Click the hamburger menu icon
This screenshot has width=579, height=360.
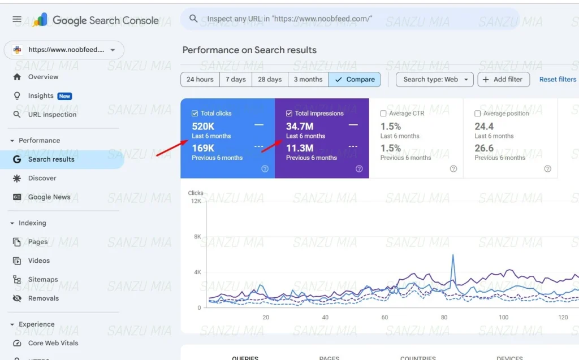[17, 19]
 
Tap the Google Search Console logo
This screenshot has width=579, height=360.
[40, 20]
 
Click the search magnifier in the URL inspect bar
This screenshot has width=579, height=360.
[193, 19]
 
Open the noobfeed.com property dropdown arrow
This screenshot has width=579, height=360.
[113, 50]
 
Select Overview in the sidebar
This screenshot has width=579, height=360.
[43, 77]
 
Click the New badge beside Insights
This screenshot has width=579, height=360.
[64, 96]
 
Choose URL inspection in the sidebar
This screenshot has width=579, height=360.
[52, 115]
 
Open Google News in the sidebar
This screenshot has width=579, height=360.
[49, 197]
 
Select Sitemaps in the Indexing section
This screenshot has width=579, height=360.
[43, 280]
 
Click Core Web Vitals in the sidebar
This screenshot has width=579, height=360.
[53, 343]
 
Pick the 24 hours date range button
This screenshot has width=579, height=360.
[200, 80]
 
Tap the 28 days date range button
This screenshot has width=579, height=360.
[270, 80]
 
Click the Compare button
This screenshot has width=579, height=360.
[355, 80]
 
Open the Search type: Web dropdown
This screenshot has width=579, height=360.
[434, 80]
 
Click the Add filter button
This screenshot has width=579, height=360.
[503, 80]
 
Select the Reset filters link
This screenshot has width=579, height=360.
[558, 80]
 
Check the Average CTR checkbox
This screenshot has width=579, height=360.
[383, 114]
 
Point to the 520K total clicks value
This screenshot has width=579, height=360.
[203, 127]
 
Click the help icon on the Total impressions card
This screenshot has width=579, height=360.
[359, 168]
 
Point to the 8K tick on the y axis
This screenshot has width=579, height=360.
[197, 237]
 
